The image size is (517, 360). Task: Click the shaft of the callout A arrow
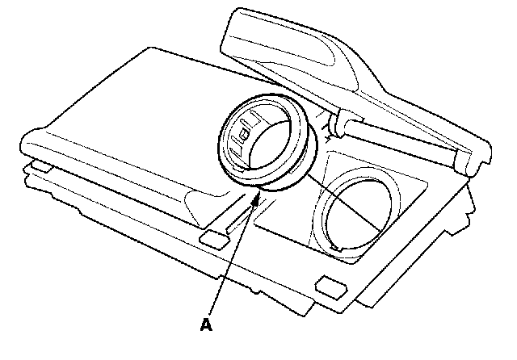pyautogui.click(x=235, y=258)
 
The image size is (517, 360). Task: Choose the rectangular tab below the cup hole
pyautogui.click(x=330, y=284)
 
